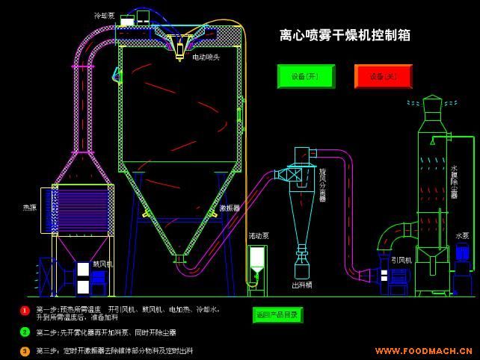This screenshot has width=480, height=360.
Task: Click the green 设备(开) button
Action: tap(306, 76)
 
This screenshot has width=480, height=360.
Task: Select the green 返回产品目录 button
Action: tap(277, 315)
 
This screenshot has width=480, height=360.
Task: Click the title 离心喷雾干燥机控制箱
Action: tap(345, 35)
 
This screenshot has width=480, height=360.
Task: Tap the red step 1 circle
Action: tap(25, 311)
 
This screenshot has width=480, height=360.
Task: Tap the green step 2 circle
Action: tap(25, 332)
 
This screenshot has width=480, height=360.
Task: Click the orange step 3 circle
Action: tap(25, 350)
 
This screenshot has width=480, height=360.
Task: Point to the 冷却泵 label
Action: tap(104, 16)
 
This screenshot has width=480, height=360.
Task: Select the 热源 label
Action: tap(29, 208)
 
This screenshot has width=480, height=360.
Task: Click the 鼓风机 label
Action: tap(102, 264)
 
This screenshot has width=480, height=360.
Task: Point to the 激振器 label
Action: tap(230, 208)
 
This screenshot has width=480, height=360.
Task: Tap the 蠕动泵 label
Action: tap(259, 236)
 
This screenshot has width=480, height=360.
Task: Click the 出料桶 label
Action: tap(302, 285)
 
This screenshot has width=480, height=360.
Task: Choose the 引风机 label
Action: tap(401, 261)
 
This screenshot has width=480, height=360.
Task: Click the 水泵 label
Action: tap(462, 236)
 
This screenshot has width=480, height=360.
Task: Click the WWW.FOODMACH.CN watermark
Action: tap(423, 350)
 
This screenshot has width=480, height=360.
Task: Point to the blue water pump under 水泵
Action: tap(462, 258)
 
